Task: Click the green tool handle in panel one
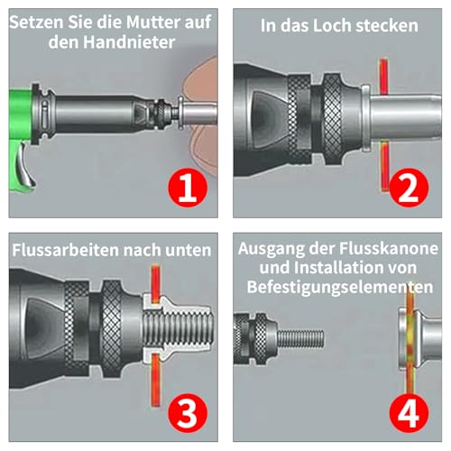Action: pyautogui.click(x=24, y=117)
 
